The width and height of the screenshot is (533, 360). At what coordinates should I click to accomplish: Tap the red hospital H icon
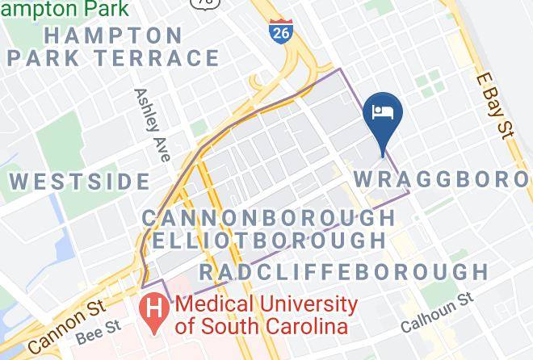[x=154, y=308]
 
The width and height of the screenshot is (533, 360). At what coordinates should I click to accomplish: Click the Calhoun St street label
[x=437, y=315]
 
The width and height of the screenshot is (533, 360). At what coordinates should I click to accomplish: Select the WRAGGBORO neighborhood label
[x=442, y=178]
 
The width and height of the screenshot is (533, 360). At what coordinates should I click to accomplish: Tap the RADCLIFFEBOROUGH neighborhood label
[x=343, y=271]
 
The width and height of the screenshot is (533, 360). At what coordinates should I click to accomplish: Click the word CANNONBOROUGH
[x=269, y=218]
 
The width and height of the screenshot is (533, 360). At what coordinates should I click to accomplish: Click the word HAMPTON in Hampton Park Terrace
[x=113, y=36]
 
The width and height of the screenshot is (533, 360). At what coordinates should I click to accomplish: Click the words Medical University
[x=266, y=305]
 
